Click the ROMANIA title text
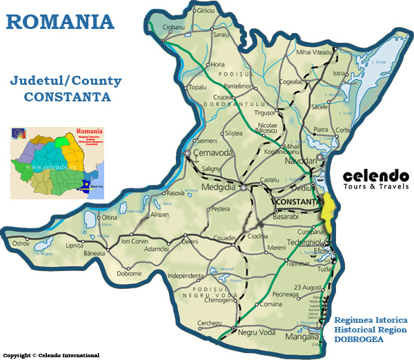(60, 21)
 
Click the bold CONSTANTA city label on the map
(297, 201)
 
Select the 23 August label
(308, 287)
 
